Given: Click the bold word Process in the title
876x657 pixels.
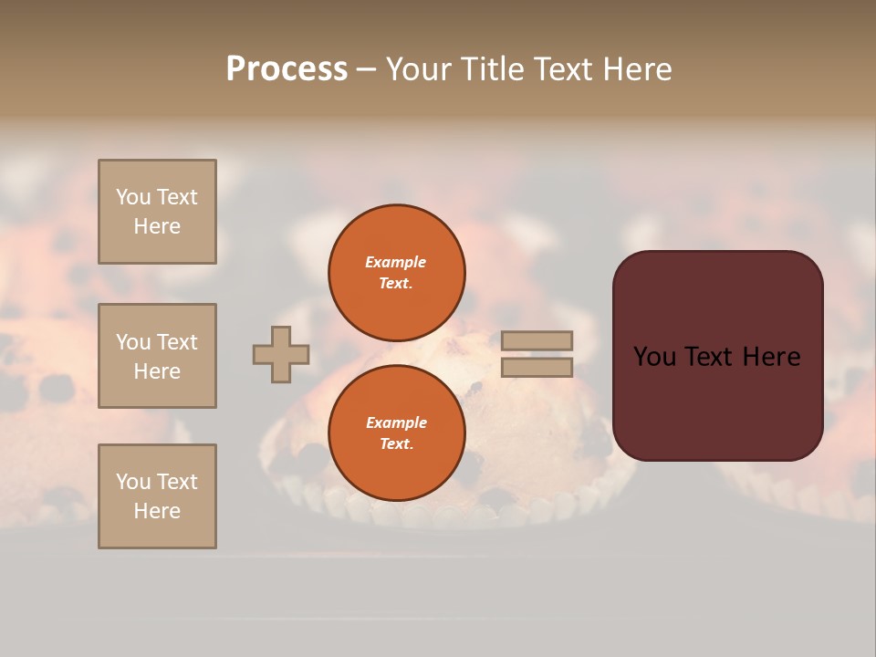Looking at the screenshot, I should click(287, 69).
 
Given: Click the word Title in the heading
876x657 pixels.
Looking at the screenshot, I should click(489, 69).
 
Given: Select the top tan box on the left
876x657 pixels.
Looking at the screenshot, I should click(157, 212).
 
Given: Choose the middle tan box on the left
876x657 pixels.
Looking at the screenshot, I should click(157, 356).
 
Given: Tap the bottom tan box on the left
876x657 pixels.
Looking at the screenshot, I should click(157, 496).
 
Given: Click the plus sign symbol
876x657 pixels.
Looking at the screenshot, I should click(281, 354).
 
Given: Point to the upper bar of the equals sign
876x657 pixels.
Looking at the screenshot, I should click(537, 340).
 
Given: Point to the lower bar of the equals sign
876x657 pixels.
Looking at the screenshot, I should click(537, 368).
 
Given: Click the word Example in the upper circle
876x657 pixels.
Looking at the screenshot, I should click(395, 262).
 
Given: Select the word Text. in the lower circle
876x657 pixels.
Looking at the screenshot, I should click(396, 443).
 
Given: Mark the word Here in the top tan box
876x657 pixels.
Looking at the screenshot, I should click(157, 226).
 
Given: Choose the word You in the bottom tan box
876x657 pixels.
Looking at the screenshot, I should click(133, 482).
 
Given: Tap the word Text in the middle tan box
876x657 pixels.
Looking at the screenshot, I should click(177, 342).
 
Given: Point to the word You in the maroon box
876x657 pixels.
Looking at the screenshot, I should click(654, 357).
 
